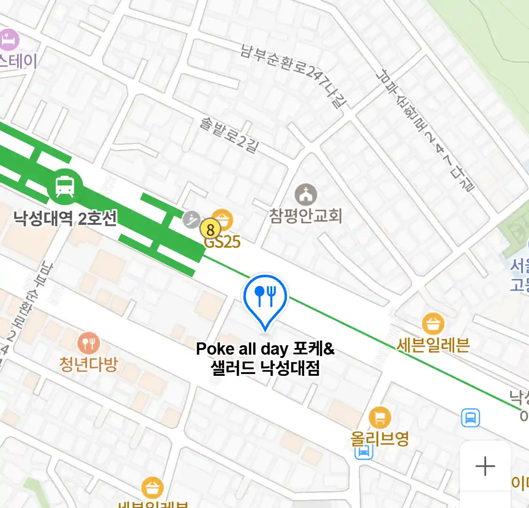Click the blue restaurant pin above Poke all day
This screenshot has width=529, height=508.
[265, 296]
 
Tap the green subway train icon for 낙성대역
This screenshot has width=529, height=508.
[64, 186]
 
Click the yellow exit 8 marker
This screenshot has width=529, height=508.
[210, 230]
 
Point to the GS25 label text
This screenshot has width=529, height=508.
[222, 242]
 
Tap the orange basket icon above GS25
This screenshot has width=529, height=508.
[222, 220]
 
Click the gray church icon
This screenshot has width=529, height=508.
[306, 194]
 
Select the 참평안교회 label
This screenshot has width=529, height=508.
[305, 216]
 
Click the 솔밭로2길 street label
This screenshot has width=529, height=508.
[229, 136]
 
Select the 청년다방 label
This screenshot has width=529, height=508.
[88, 365]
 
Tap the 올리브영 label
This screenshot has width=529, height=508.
[379, 439]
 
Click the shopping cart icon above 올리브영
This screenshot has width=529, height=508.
[379, 417]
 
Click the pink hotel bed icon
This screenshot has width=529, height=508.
[9, 40]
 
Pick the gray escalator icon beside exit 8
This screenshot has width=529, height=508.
[191, 219]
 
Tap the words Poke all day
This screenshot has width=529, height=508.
[242, 349]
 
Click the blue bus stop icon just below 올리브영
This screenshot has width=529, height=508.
[363, 452]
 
